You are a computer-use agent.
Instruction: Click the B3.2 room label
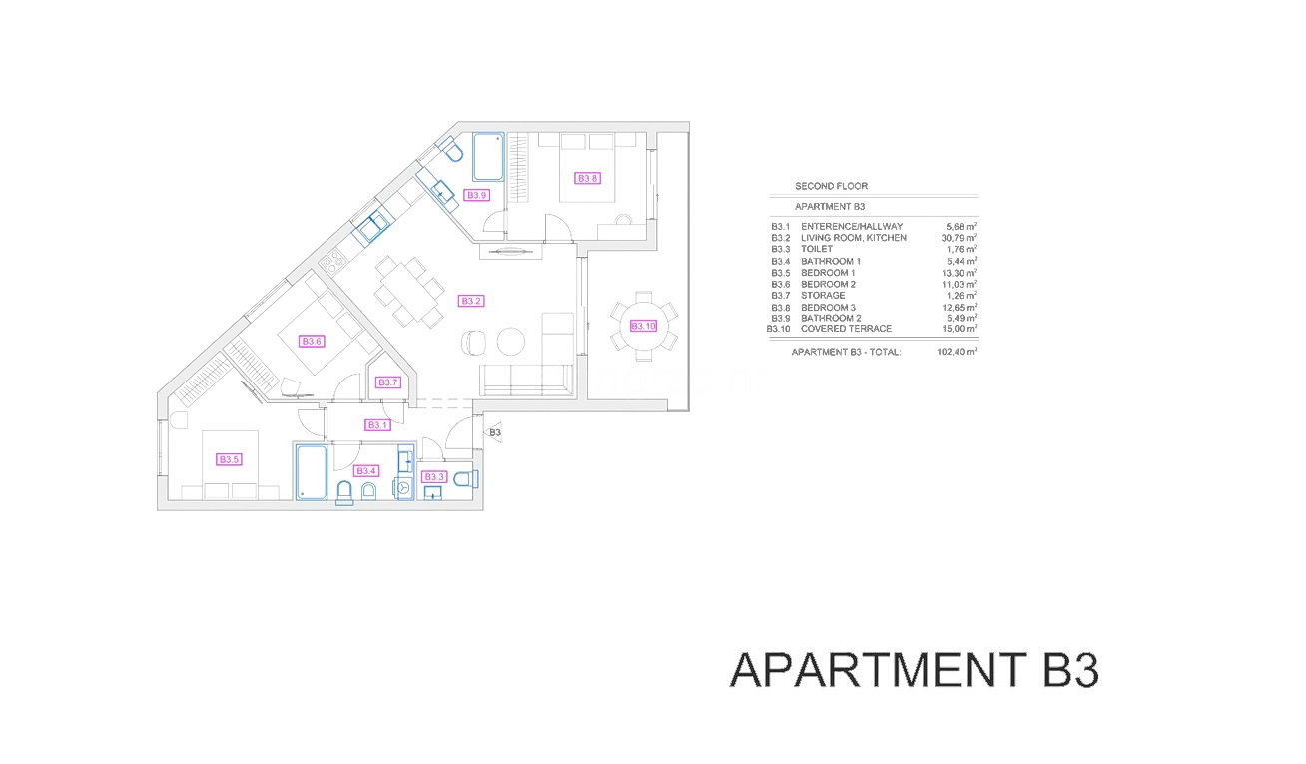[471, 301]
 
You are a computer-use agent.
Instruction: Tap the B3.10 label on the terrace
[643, 326]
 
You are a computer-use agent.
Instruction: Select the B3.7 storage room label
[388, 382]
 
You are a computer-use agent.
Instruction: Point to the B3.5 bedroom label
[229, 460]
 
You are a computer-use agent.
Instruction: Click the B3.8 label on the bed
[588, 179]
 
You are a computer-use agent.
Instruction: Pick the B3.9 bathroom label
[477, 196]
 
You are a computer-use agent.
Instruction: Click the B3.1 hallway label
[376, 425]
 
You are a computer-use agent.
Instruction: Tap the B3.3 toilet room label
[433, 477]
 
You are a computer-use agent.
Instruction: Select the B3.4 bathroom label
[366, 471]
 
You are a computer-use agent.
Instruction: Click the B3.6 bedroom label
[312, 341]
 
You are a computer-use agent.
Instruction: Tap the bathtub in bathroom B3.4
[311, 472]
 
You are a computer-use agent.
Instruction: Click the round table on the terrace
[643, 326]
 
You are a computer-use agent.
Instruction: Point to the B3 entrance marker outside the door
[494, 432]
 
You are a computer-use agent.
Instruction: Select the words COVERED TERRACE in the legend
[846, 329]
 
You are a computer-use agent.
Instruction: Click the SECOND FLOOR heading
[831, 186]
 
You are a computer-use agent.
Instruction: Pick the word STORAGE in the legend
[825, 296]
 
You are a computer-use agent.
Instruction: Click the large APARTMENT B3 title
[915, 670]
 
